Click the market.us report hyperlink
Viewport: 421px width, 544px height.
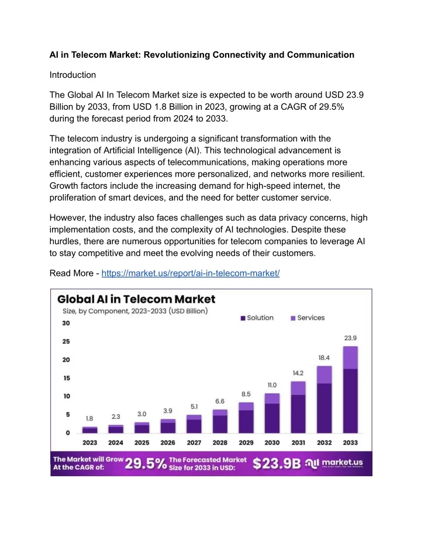point(191,273)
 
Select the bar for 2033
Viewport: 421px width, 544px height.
point(350,389)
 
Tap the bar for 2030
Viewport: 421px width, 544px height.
point(272,413)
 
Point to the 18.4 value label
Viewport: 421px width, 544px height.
point(324,358)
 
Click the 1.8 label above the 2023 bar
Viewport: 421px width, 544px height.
point(89,418)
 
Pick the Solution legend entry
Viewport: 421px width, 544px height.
point(257,318)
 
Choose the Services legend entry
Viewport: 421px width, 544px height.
point(308,318)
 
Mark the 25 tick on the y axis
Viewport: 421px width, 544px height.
point(66,341)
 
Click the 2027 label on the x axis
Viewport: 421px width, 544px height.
point(194,443)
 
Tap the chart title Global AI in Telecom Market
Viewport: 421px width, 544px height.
point(136,299)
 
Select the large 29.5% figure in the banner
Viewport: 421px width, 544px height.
point(146,463)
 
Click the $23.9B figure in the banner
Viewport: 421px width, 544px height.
point(277,463)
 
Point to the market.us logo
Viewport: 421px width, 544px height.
point(334,463)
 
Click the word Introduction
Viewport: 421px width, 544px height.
point(73,75)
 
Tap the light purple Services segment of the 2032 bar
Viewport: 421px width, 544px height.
point(324,375)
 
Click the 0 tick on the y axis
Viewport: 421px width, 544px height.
point(68,432)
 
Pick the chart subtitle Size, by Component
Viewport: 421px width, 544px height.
point(135,311)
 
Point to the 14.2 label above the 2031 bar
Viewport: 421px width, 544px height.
point(298,373)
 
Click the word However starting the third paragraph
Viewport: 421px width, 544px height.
point(68,218)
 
